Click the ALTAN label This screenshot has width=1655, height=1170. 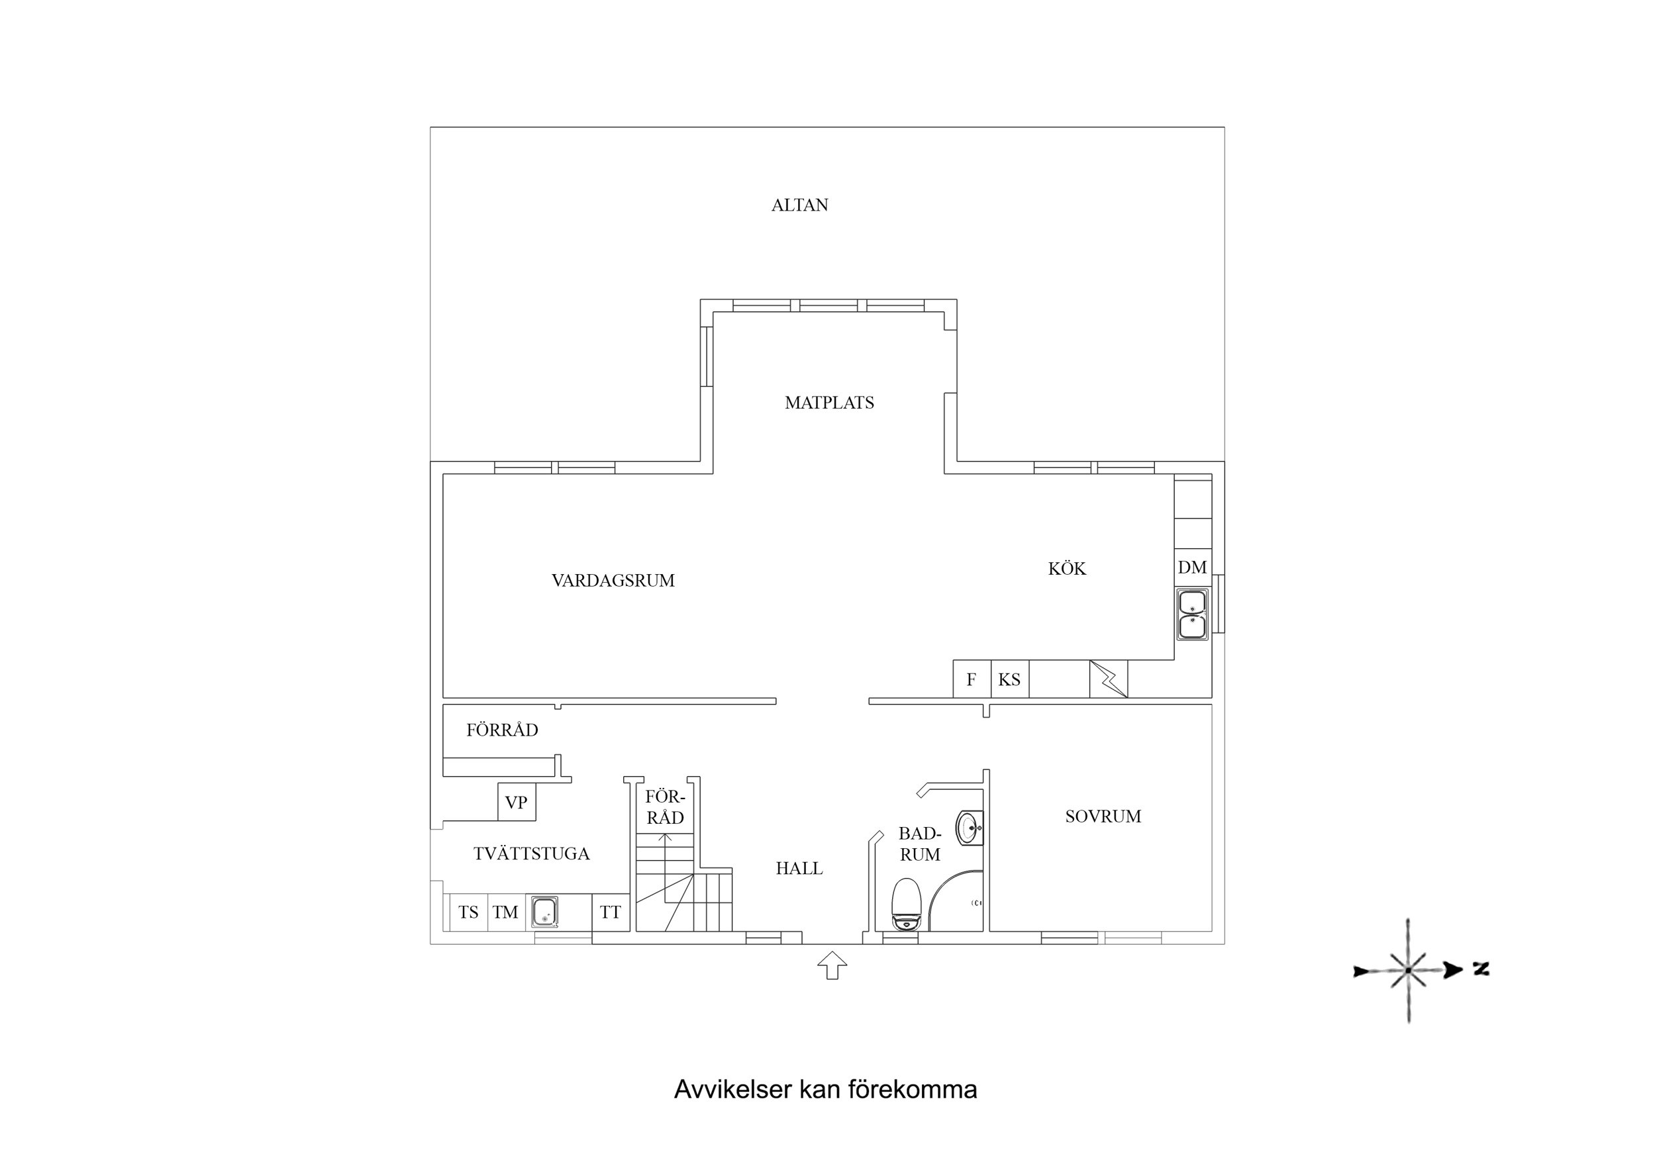[x=799, y=205]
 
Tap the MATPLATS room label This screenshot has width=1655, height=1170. [x=829, y=403]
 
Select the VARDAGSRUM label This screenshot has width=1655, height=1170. [x=613, y=580]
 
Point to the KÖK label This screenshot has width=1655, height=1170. [x=1067, y=569]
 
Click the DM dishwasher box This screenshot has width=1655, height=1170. [x=1192, y=568]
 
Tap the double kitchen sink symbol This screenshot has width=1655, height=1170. [x=1192, y=614]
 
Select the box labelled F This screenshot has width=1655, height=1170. [x=971, y=679]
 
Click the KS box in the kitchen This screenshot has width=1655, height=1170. [x=1009, y=679]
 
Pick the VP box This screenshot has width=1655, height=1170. [x=516, y=803]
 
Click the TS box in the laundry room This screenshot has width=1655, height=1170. [x=468, y=912]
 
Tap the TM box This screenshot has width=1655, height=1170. [x=505, y=912]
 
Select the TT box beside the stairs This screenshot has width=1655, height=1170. [x=611, y=912]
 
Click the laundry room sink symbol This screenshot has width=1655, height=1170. [x=544, y=912]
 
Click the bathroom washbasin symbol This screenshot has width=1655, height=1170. [x=970, y=828]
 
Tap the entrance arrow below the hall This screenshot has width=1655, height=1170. [x=832, y=965]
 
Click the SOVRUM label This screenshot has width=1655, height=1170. [x=1103, y=817]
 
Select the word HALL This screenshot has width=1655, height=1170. [x=799, y=869]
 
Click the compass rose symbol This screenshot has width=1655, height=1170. [x=1408, y=970]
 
